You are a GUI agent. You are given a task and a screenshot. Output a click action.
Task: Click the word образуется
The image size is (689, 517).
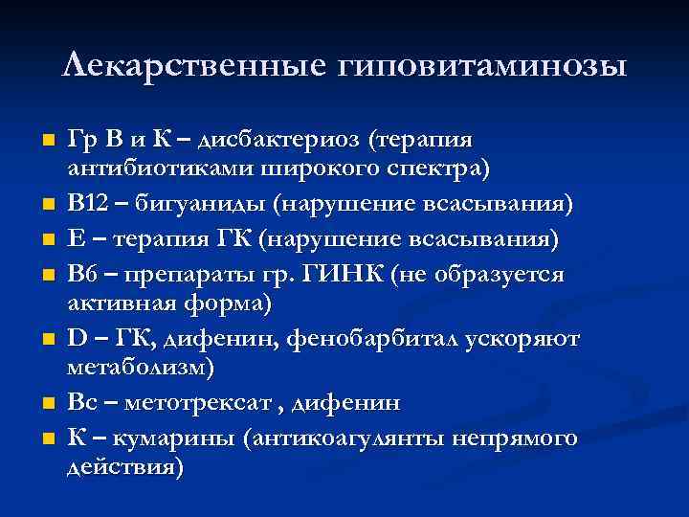506,275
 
